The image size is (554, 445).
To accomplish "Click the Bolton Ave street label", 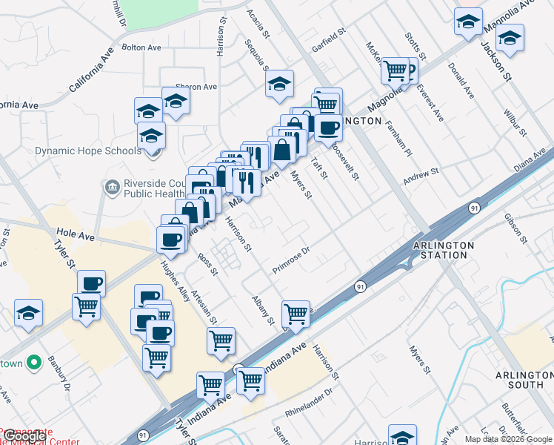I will tap(141, 47).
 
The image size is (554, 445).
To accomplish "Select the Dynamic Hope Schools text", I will tap(87, 151).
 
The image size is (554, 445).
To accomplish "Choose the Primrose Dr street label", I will tap(294, 261).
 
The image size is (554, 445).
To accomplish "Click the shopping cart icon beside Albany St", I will tap(296, 314).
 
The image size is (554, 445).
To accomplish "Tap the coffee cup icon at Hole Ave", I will tap(171, 240).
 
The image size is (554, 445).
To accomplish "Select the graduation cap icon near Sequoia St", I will tap(279, 84).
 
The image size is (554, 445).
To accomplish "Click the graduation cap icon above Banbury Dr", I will tap(28, 314).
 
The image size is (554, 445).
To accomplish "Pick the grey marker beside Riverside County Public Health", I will tap(112, 186).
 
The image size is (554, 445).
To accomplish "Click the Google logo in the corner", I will tap(24, 437).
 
